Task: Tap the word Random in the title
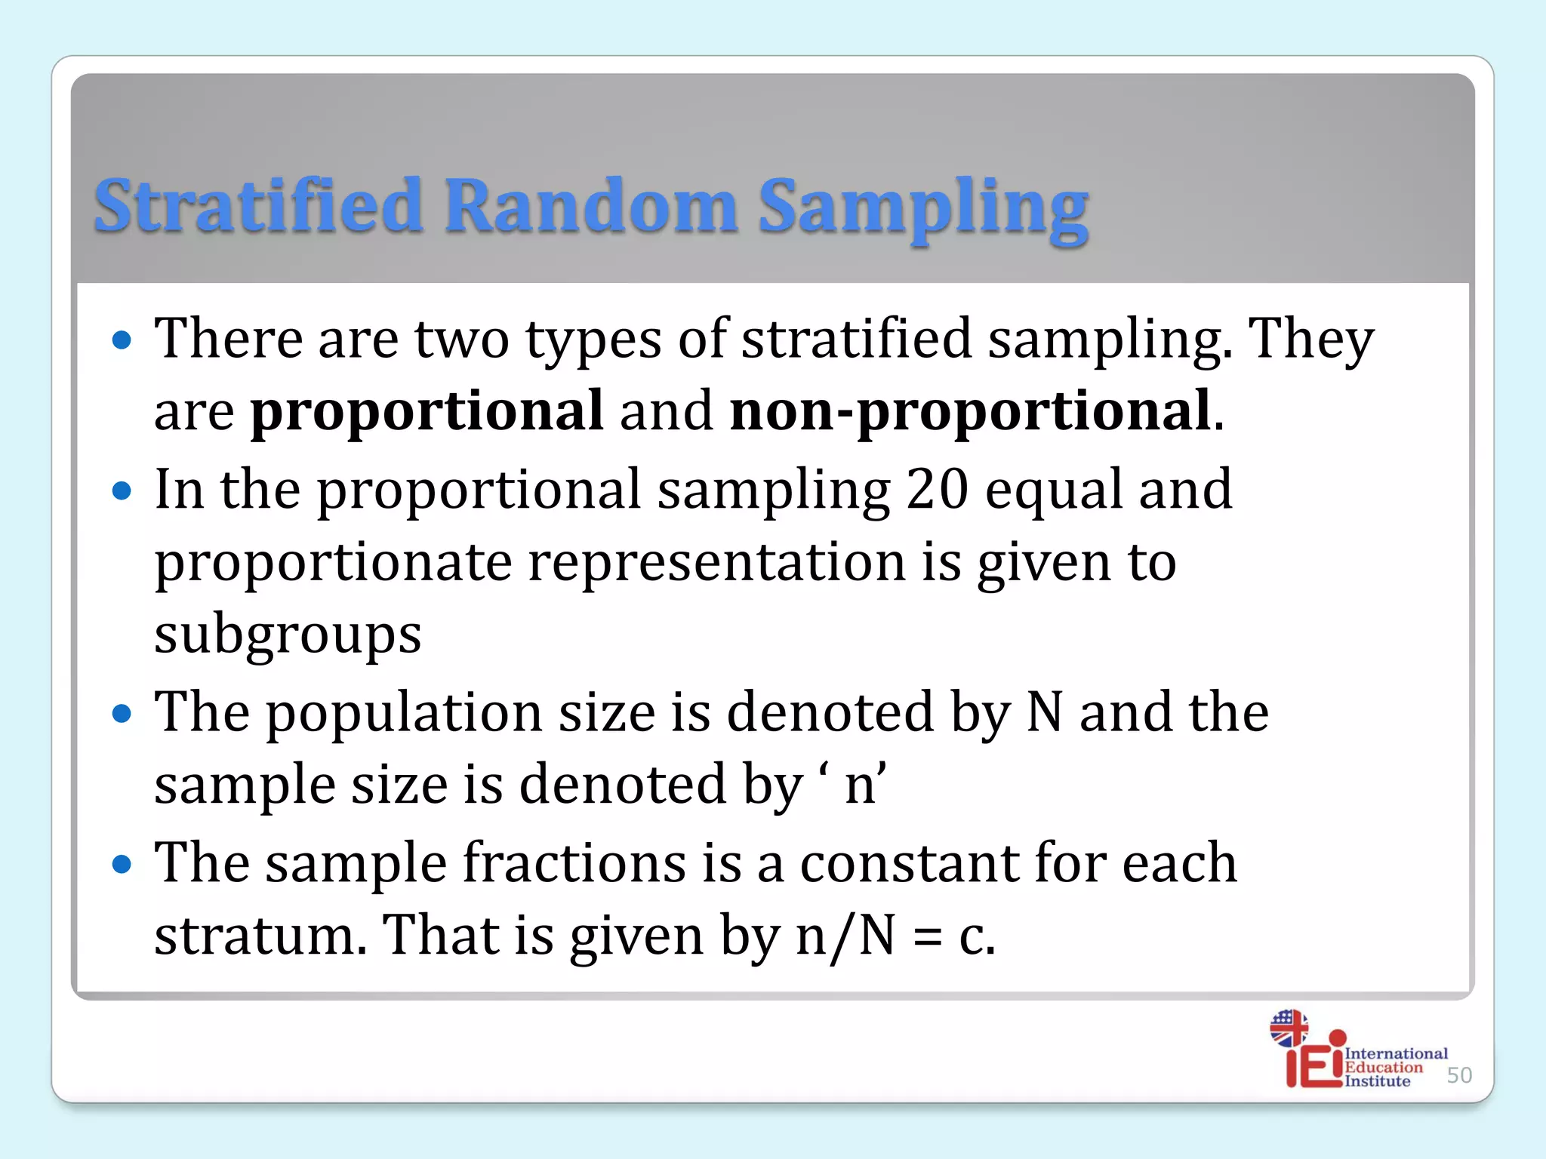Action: [x=590, y=205]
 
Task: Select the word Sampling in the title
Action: [x=922, y=208]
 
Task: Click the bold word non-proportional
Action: [x=971, y=410]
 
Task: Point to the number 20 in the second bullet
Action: [x=937, y=489]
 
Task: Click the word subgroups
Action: [x=288, y=635]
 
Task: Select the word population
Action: [x=404, y=712]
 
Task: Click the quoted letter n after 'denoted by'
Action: [x=860, y=785]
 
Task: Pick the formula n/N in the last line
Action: [x=845, y=936]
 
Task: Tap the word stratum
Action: [x=260, y=936]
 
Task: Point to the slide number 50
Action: [x=1459, y=1075]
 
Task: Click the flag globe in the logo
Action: [x=1289, y=1028]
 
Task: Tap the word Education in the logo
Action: [x=1383, y=1067]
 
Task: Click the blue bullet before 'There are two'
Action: [x=122, y=340]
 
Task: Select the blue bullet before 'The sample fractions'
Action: [x=122, y=863]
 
